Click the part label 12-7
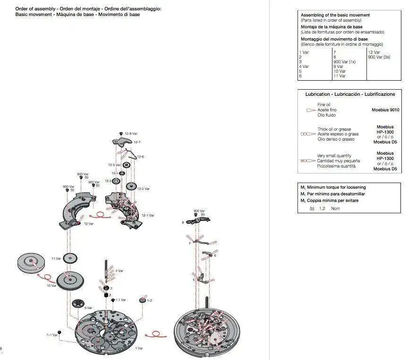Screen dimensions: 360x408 (137, 142)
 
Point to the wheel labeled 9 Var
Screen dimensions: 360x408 (78, 304)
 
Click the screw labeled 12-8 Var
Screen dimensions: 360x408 (121, 134)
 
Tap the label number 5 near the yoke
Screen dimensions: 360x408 (194, 280)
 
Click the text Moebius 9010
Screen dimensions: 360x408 (385, 110)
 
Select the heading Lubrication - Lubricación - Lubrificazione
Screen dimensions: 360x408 (350, 94)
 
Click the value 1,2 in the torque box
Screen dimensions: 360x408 (323, 208)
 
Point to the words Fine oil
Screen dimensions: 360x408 (324, 105)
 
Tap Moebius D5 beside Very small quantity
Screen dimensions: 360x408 (385, 168)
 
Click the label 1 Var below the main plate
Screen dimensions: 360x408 (138, 348)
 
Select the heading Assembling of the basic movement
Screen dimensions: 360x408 (335, 15)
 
